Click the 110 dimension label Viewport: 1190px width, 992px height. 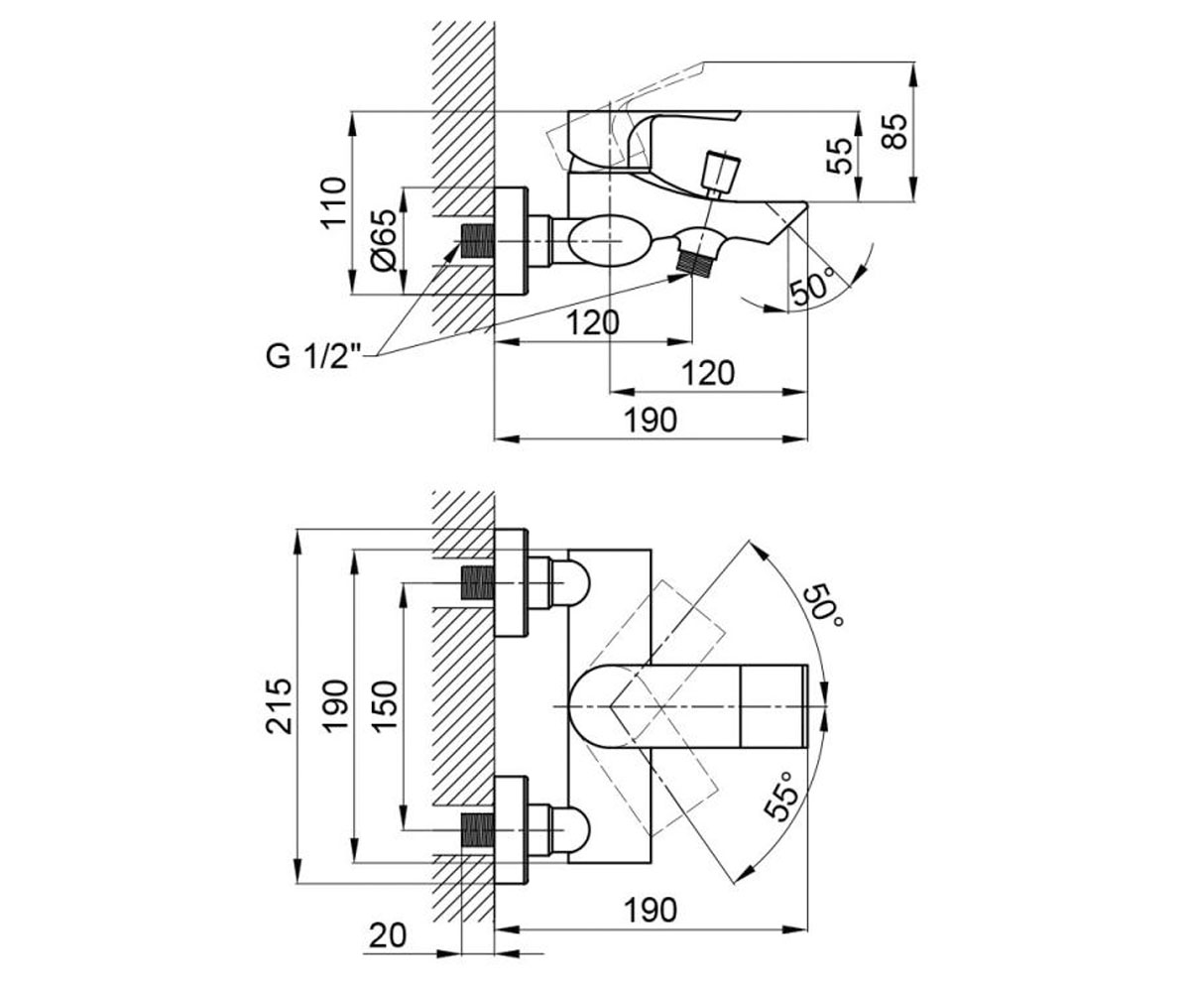tap(333, 203)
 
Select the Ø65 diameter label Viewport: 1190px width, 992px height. tap(383, 241)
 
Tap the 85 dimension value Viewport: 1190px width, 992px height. tap(893, 132)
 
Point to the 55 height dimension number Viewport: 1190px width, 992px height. tap(840, 156)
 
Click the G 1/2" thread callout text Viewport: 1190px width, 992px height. tap(314, 356)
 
